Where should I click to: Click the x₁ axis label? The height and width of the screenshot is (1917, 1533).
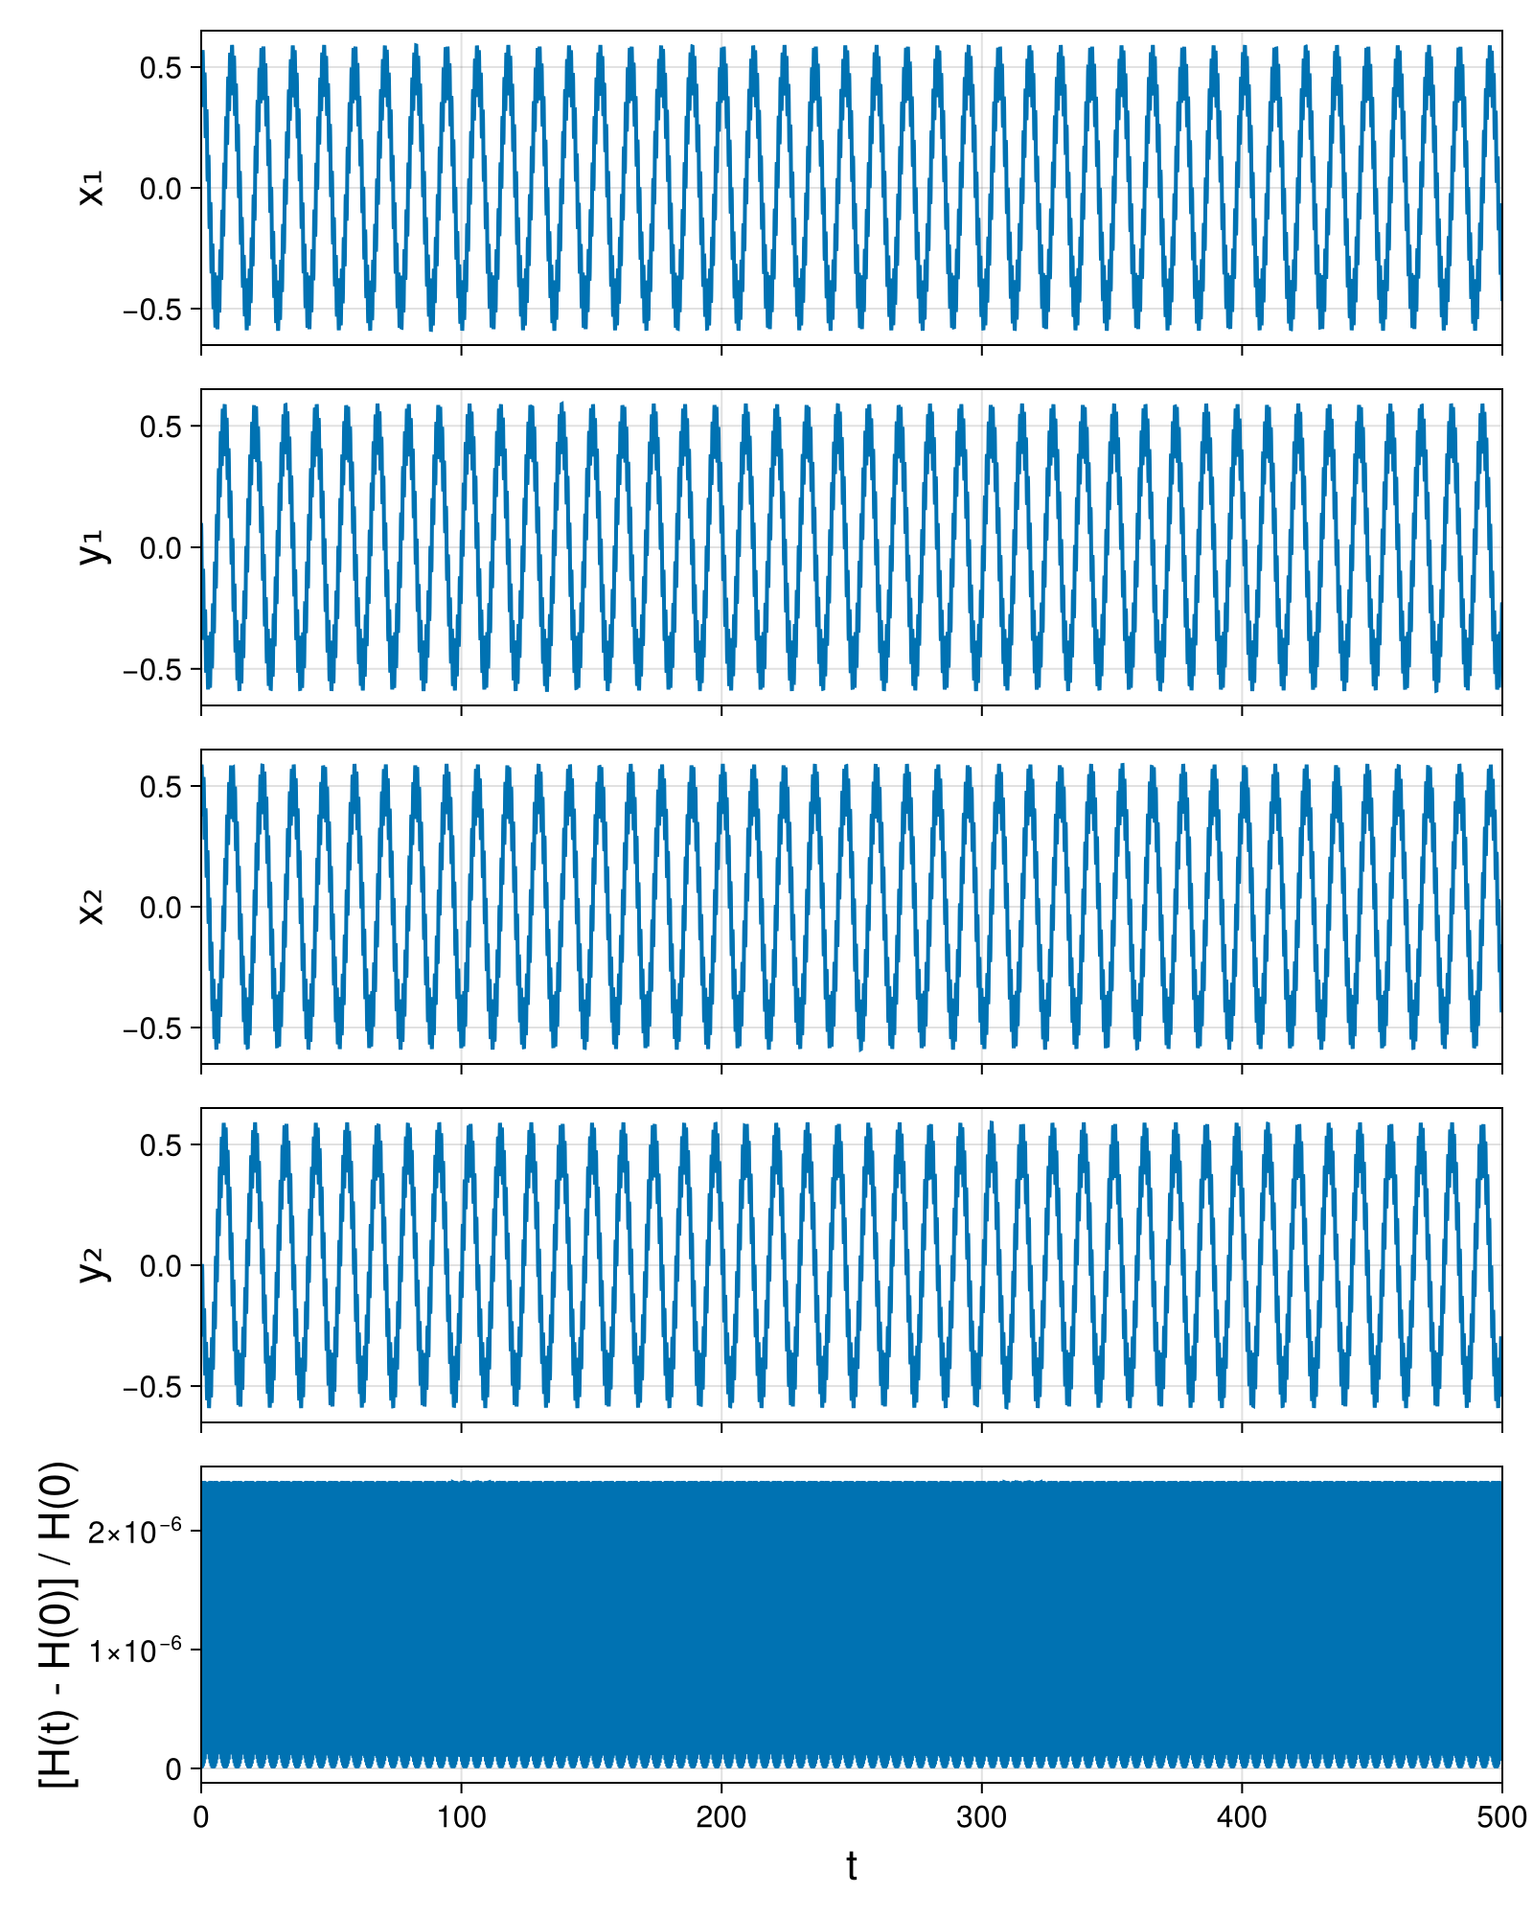[92, 188]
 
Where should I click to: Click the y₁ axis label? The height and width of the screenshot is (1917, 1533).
[94, 547]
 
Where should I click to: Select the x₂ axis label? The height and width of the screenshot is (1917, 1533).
[92, 907]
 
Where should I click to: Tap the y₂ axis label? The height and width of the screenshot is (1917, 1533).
[94, 1265]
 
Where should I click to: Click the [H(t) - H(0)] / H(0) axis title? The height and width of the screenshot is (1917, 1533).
[57, 1625]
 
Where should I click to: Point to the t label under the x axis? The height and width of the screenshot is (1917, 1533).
[851, 1866]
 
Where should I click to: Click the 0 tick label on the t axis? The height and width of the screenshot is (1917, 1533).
[200, 1816]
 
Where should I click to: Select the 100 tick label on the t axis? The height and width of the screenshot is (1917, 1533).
[461, 1816]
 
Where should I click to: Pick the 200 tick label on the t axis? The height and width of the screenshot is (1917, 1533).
[721, 1816]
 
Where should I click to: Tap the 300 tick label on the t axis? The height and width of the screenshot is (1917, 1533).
[981, 1816]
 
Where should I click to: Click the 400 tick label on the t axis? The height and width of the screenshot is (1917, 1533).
[1242, 1816]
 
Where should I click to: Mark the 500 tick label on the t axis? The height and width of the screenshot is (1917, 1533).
[1501, 1816]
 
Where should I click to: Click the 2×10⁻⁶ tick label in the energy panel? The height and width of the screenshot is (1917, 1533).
[135, 1531]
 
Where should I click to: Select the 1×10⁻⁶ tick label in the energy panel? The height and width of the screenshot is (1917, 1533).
[135, 1650]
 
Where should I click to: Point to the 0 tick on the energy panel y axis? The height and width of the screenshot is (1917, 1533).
[173, 1769]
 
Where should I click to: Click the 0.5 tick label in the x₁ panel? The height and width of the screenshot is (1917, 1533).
[161, 68]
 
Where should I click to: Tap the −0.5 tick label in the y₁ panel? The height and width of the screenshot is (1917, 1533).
[152, 669]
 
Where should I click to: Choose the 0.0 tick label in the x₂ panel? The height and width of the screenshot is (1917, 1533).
[161, 908]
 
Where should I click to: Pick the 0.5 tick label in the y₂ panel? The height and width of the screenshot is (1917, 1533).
[161, 1145]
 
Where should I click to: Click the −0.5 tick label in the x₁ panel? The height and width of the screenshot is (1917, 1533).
[152, 310]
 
